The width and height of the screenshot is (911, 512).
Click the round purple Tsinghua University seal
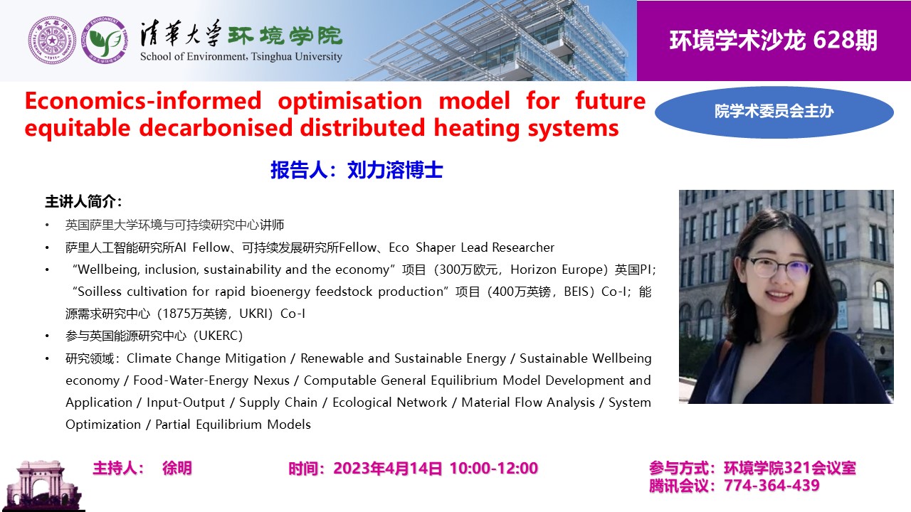pos(52,41)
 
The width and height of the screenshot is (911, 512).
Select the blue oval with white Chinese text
pos(774,112)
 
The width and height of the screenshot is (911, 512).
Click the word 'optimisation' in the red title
pos(349,101)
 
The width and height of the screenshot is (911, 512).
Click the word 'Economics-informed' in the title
pos(143,101)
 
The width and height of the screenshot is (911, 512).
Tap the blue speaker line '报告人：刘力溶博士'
pos(357,170)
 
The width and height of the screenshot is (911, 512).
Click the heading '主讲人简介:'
pos(83,201)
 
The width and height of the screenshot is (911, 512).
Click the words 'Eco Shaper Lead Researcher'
pos(471,247)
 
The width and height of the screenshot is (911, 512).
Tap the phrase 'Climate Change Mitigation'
pos(206,358)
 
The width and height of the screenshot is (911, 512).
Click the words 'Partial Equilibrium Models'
pos(233,425)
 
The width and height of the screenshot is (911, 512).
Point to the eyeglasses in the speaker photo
pos(779,270)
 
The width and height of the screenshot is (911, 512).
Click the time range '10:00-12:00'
pos(494,469)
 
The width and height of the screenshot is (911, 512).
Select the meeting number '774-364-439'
pos(772,486)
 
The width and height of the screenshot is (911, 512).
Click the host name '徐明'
pos(177,468)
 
